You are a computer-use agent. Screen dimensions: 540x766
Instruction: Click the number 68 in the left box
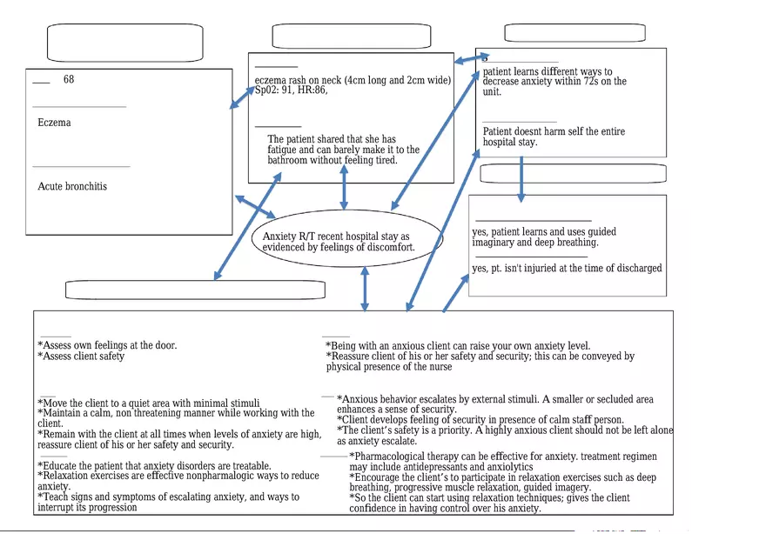coord(69,80)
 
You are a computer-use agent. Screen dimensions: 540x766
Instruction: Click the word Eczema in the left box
coord(55,123)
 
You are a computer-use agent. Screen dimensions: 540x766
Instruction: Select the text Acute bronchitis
coord(72,186)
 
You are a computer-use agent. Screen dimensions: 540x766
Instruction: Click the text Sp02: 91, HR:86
coord(291,90)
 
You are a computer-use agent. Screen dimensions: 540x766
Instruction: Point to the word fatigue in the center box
coord(282,150)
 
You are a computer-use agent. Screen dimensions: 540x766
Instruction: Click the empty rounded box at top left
coord(124,43)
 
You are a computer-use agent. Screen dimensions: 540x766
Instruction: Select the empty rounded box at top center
coord(351,37)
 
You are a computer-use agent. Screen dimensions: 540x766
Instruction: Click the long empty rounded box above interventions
coord(195,290)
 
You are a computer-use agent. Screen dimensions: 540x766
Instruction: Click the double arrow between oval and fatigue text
coord(344,187)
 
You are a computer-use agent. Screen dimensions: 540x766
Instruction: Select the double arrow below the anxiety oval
coord(365,288)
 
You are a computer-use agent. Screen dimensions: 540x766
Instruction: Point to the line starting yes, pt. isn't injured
coord(567,269)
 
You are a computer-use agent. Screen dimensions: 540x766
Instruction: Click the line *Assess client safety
coord(82,356)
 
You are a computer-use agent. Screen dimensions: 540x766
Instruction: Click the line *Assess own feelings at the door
coord(107,345)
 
